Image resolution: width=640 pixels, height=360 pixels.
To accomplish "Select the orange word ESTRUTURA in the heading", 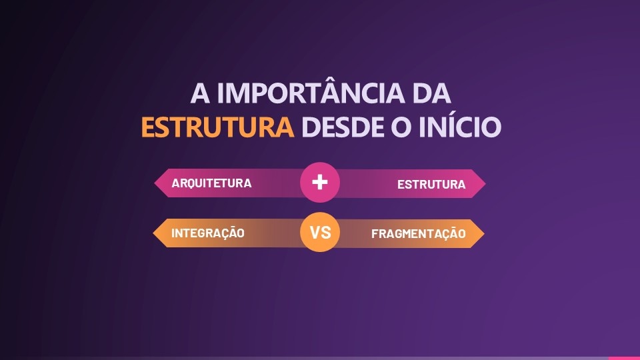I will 217,127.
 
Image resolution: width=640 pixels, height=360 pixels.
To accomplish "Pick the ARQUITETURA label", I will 211,183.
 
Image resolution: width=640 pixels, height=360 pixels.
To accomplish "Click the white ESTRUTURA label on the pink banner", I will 431,185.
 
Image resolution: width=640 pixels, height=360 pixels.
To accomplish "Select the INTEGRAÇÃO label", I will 208,233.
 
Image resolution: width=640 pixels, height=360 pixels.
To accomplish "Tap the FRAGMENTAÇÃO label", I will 418,234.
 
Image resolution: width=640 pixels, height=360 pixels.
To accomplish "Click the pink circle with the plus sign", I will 320,182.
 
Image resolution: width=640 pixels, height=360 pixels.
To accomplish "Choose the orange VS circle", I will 320,233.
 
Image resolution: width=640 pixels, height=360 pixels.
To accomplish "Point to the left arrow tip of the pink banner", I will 157,183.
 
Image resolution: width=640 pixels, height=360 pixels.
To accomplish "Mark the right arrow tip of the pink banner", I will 483,183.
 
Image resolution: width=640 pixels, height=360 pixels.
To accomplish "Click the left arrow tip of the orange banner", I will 156,233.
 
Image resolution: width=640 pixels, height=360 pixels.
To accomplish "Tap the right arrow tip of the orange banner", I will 483,233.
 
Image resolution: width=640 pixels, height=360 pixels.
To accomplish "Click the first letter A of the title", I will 199,93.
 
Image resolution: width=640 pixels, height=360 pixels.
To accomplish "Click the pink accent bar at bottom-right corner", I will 623,358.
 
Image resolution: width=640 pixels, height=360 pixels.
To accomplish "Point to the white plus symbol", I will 320,182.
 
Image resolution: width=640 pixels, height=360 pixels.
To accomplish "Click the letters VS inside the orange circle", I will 320,233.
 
